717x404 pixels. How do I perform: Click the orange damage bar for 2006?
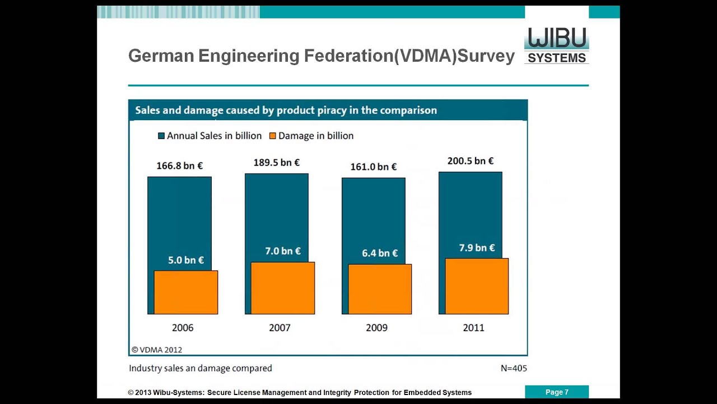pyautogui.click(x=186, y=292)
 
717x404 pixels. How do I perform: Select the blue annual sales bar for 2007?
pyautogui.click(x=276, y=213)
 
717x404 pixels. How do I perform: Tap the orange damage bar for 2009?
pyautogui.click(x=380, y=289)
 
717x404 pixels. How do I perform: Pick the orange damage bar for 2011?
pyautogui.click(x=477, y=286)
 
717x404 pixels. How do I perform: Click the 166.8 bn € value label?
pyautogui.click(x=179, y=166)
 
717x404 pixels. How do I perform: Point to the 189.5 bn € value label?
pyautogui.click(x=276, y=162)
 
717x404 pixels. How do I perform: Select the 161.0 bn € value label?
pyautogui.click(x=373, y=167)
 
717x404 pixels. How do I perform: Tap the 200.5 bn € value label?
pyautogui.click(x=470, y=161)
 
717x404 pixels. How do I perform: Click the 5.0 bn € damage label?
pyautogui.click(x=186, y=260)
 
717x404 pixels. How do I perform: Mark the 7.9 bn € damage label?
pyautogui.click(x=477, y=247)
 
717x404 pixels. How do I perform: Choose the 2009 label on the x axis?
pyautogui.click(x=376, y=328)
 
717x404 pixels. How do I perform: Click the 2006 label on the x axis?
pyautogui.click(x=183, y=328)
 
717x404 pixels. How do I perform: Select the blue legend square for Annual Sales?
pyautogui.click(x=161, y=136)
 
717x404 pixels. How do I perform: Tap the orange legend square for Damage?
pyautogui.click(x=273, y=136)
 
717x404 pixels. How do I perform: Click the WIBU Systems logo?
pyautogui.click(x=556, y=45)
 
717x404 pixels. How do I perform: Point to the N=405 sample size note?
pyautogui.click(x=514, y=369)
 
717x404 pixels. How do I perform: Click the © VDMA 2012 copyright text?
pyautogui.click(x=157, y=350)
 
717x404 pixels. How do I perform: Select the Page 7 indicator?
pyautogui.click(x=557, y=392)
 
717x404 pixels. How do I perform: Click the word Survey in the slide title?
pyautogui.click(x=486, y=56)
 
